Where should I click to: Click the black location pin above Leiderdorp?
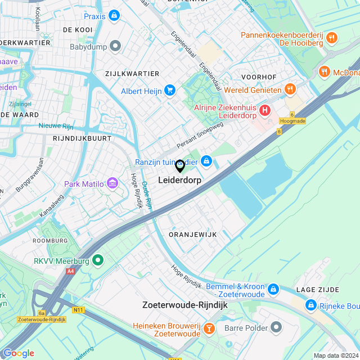coord(180,166)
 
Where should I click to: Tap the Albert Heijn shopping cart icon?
coord(170,91)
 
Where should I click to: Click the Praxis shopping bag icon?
coord(115,16)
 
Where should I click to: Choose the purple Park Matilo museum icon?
coord(112,183)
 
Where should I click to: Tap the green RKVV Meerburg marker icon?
coord(98,260)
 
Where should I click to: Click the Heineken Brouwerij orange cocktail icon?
coord(209,328)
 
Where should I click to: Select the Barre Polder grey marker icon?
coord(276,326)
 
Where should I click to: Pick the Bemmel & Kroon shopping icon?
coord(273,289)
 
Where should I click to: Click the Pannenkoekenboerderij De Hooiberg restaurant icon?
coord(332,38)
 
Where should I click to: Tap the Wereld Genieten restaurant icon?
coord(290,89)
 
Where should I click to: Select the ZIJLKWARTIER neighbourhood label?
coord(132,74)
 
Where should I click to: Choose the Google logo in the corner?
coord(19,353)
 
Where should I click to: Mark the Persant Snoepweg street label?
coord(200,136)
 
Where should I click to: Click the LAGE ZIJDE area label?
coord(318,290)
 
